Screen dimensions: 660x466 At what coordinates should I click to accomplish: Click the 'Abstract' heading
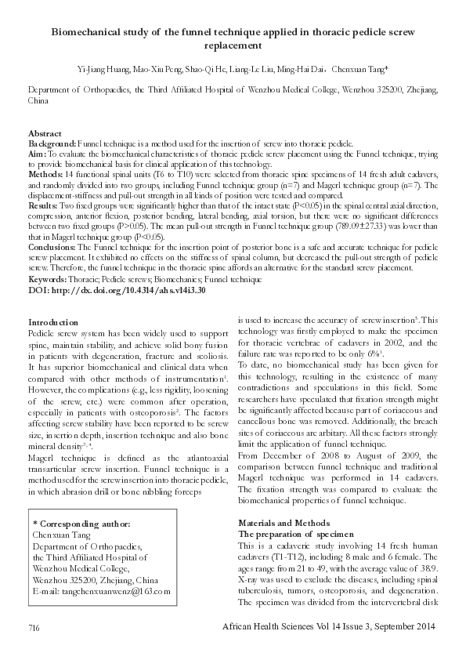pos(45,134)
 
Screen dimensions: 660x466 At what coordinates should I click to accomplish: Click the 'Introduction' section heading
pos(52,323)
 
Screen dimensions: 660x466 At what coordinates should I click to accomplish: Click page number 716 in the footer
pos(34,628)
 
